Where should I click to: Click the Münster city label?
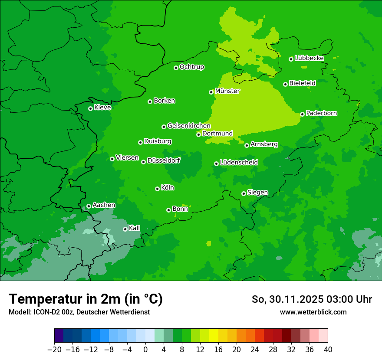tap(227, 91)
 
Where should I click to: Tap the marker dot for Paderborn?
tap(303, 114)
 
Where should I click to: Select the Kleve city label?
tap(103, 108)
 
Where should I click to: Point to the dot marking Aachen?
tap(89, 206)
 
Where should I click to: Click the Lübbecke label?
tap(310, 58)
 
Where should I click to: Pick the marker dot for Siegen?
tap(244, 193)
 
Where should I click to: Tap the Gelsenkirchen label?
tap(189, 126)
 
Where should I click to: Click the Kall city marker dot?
tap(125, 229)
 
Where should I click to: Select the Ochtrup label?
tap(192, 67)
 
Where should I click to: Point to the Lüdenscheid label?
tap(239, 163)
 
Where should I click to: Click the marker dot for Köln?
tap(157, 189)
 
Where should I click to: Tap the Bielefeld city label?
tap(302, 83)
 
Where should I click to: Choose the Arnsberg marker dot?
tap(247, 145)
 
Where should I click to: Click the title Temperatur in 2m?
tap(86, 299)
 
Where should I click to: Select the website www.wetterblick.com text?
tap(313, 312)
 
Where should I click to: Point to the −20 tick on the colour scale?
tap(54, 350)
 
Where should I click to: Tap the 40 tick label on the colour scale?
tap(328, 350)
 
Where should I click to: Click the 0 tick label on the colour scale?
tap(145, 350)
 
